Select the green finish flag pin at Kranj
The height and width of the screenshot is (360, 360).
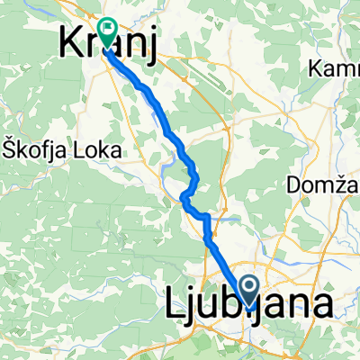pos(107,32)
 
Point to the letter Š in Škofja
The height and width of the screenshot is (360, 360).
pos(9,150)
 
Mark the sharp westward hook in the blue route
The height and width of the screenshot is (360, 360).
pos(184,196)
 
